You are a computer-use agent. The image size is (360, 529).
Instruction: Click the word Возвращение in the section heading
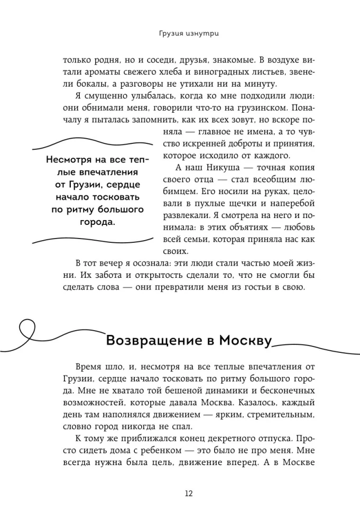[x=149, y=340]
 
